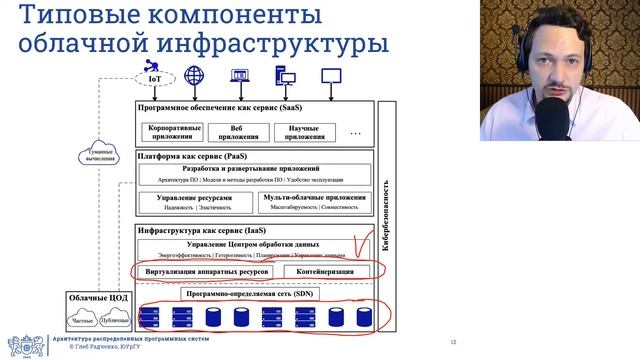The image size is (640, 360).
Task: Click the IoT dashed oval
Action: click(x=154, y=76)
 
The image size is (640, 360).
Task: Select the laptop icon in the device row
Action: click(x=240, y=76)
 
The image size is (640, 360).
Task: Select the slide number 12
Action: click(x=452, y=339)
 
